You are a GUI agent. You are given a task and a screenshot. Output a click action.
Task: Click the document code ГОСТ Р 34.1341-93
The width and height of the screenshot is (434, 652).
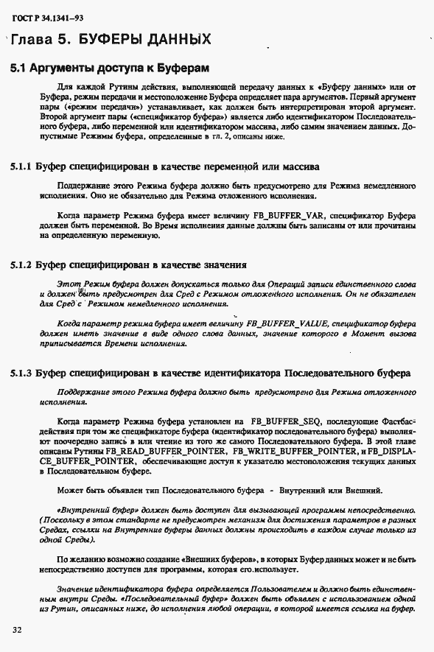click(46, 16)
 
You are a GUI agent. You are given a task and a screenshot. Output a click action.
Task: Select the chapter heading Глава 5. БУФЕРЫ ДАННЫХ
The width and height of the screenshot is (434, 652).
click(111, 39)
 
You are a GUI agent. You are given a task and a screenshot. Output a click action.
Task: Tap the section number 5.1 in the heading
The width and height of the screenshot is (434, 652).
click(20, 69)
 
